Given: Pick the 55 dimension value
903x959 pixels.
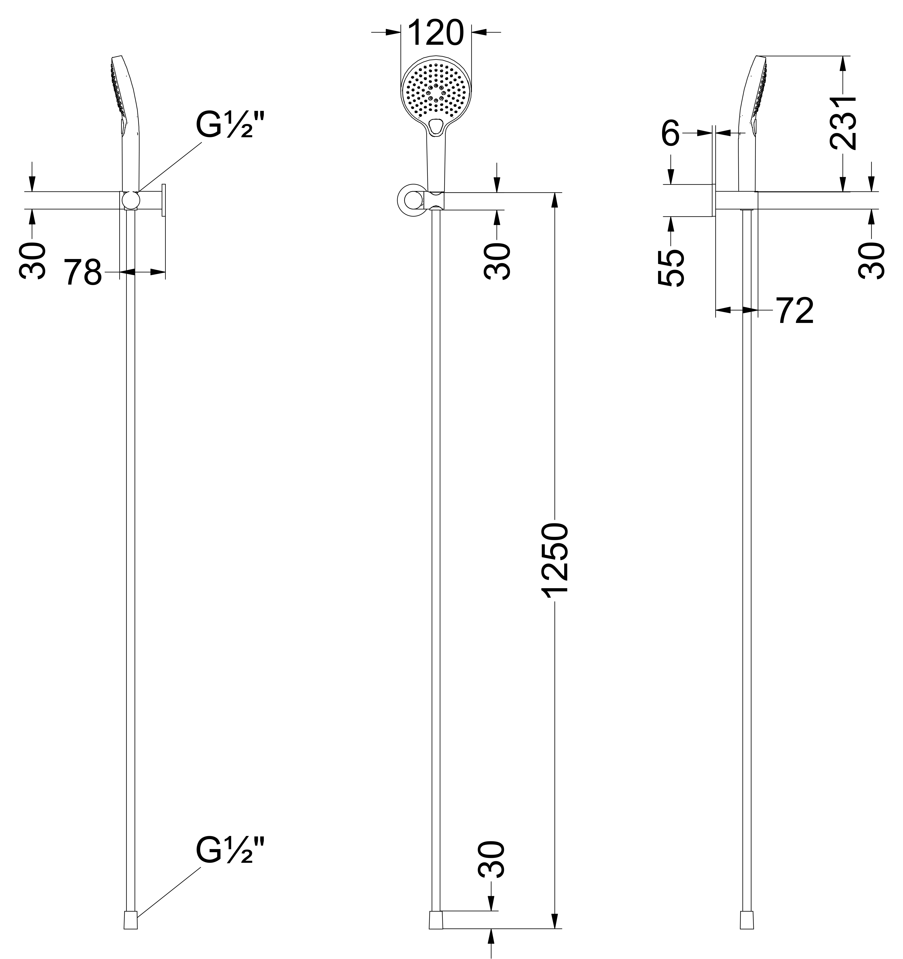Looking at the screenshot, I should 671,268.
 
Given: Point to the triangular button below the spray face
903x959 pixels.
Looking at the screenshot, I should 436,126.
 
